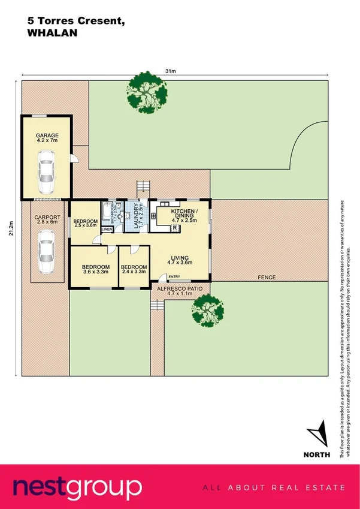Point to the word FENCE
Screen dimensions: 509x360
266,278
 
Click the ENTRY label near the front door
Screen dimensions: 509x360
174,276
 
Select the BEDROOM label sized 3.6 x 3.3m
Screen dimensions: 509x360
95,269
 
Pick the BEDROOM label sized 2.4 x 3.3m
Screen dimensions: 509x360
134,269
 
